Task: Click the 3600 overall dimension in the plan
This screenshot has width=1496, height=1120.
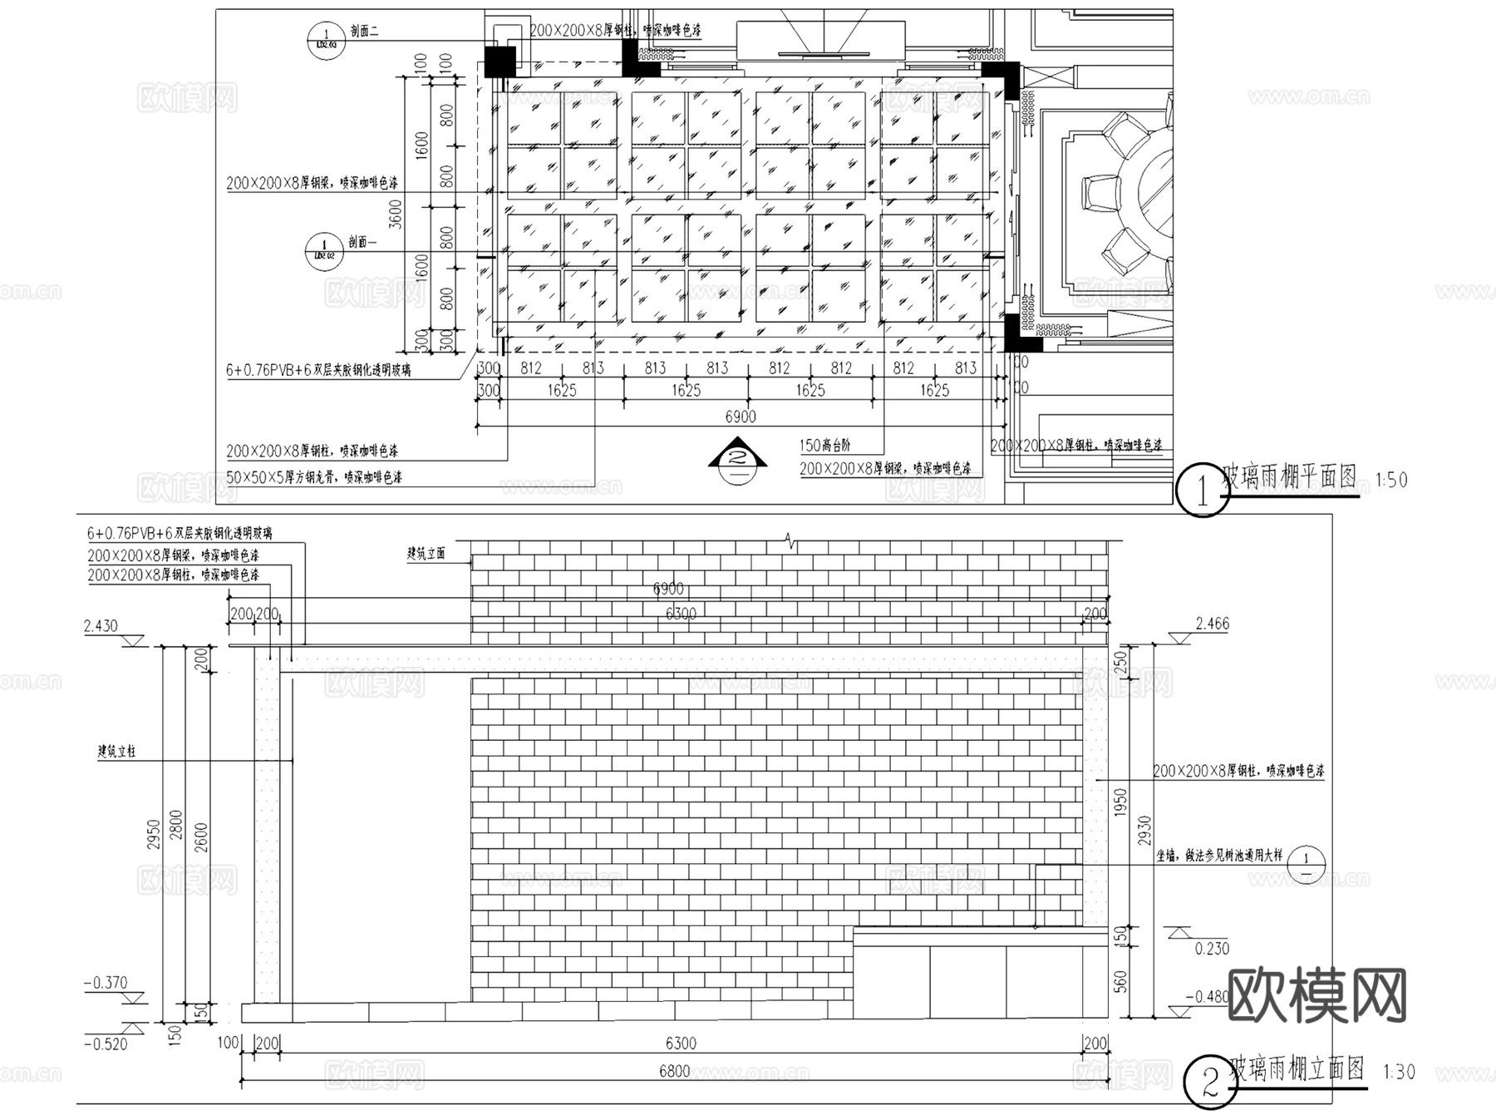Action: click(x=396, y=214)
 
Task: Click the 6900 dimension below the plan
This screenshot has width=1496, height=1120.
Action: click(x=740, y=417)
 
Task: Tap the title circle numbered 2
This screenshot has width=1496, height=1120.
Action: click(x=1209, y=1082)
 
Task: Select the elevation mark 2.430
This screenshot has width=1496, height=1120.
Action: click(x=101, y=626)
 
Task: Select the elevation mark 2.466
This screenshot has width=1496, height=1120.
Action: click(x=1212, y=624)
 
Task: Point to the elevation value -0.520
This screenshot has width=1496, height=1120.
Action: click(x=106, y=1044)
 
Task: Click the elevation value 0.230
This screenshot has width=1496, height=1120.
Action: click(x=1211, y=949)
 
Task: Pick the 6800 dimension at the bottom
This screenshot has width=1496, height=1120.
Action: click(x=674, y=1071)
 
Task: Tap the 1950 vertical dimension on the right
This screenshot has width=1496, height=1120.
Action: click(x=1120, y=802)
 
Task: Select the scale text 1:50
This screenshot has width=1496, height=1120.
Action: click(x=1391, y=480)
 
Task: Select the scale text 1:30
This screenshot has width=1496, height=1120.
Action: click(x=1398, y=1072)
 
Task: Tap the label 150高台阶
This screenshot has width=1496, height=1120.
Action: click(x=825, y=446)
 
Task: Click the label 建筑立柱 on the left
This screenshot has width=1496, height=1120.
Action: click(x=116, y=752)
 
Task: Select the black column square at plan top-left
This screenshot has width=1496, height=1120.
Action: click(x=500, y=61)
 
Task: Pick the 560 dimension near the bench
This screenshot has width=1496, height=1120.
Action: click(x=1120, y=982)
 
